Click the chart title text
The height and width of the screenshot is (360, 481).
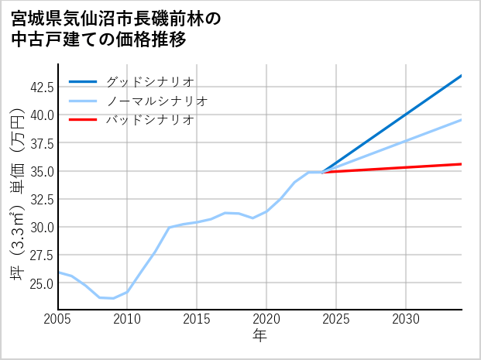pyautogui.click(x=116, y=29)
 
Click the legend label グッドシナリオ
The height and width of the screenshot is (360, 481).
pyautogui.click(x=149, y=81)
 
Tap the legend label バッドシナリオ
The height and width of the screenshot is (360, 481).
pyautogui.click(x=149, y=120)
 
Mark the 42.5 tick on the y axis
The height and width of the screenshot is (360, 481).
pyautogui.click(x=41, y=87)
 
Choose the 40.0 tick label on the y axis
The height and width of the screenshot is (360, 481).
pyautogui.click(x=41, y=115)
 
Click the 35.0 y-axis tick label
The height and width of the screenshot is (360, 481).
pyautogui.click(x=41, y=171)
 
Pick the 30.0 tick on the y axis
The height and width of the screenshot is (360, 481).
pyautogui.click(x=41, y=227)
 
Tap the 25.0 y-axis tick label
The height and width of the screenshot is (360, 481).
pyautogui.click(x=41, y=283)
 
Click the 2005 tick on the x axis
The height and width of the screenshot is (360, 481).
pyautogui.click(x=58, y=319)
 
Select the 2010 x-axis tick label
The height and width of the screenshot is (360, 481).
pyautogui.click(x=128, y=319)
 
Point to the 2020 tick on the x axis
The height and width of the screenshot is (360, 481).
pyautogui.click(x=266, y=319)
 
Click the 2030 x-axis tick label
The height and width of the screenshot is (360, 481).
pyautogui.click(x=406, y=319)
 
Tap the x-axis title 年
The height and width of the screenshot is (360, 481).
pyautogui.click(x=259, y=336)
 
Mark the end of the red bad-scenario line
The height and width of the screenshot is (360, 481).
pyautogui.click(x=461, y=164)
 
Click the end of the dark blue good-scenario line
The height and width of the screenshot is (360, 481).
pyautogui.click(x=461, y=76)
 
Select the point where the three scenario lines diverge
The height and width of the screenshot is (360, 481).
pyautogui.click(x=322, y=172)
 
